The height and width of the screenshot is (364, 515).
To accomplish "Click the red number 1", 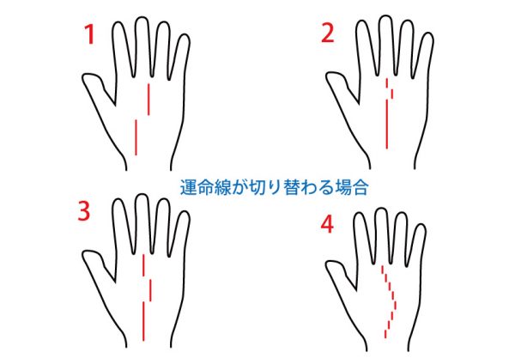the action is (x=89, y=35).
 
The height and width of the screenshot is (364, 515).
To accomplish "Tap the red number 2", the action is (x=327, y=33).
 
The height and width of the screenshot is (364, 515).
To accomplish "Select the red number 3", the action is (x=83, y=210).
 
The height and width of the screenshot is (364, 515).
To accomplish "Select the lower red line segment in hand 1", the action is (x=136, y=137).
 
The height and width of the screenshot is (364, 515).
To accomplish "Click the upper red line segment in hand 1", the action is (x=148, y=100).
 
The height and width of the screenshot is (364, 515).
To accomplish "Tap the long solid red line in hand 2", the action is (x=387, y=124).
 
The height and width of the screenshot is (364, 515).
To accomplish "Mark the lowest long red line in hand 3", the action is (x=143, y=321).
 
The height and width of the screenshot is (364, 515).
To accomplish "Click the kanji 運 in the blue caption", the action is (x=187, y=188).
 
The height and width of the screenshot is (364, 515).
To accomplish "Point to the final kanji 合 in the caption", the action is (x=360, y=188).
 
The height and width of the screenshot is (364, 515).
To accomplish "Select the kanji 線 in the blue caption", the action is (x=219, y=188).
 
